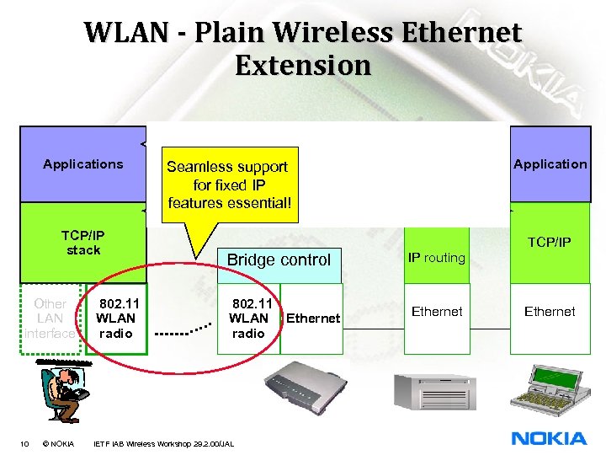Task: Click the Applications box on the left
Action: pyautogui.click(x=82, y=164)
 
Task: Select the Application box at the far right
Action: pyautogui.click(x=550, y=164)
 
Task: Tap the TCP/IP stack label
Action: pyautogui.click(x=82, y=243)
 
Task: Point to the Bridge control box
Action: pyautogui.click(x=279, y=260)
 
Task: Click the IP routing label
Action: pyautogui.click(x=436, y=258)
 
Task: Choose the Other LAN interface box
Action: pyautogui.click(x=50, y=318)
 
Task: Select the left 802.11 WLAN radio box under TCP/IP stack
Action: pyautogui.click(x=116, y=318)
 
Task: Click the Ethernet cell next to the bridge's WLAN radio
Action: pyautogui.click(x=313, y=318)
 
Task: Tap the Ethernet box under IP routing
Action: pyautogui.click(x=437, y=312)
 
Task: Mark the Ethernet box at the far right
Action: pyautogui.click(x=550, y=312)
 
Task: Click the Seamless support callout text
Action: pyautogui.click(x=227, y=185)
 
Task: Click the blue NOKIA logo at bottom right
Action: pyautogui.click(x=549, y=438)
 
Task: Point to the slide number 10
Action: pyautogui.click(x=24, y=443)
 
